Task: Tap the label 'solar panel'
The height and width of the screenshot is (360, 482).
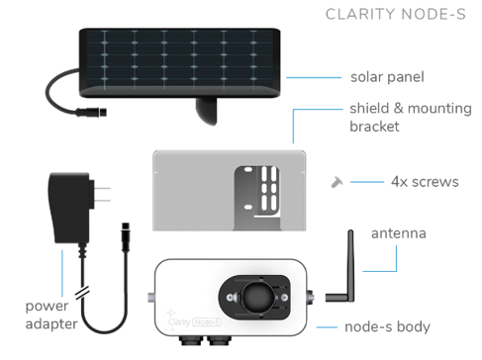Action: [386, 76]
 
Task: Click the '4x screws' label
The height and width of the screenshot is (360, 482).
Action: [419, 182]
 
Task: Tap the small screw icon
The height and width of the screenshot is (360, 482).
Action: [337, 181]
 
